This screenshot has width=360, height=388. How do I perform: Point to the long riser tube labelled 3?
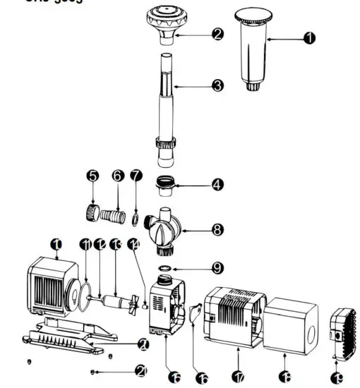tap(166, 99)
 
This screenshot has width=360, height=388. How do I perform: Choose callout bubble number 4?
tap(217, 184)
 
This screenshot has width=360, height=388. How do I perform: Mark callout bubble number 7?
tap(136, 174)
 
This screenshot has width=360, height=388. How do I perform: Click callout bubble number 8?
tap(217, 229)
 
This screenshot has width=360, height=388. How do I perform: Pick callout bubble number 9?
tap(217, 267)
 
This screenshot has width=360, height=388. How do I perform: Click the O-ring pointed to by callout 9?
tap(164, 268)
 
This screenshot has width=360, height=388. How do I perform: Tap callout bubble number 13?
tap(115, 244)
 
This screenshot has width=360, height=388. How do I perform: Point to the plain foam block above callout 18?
tap(289, 322)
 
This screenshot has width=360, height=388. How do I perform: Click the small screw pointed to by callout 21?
tap(93, 371)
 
